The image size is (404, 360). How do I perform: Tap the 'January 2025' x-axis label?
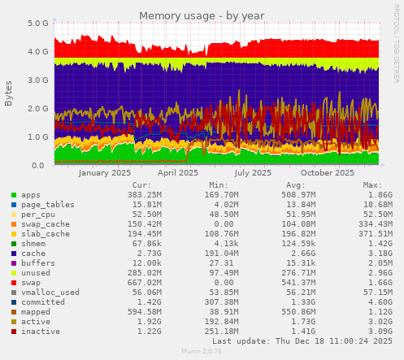105,172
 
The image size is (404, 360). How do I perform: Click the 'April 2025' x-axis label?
178,172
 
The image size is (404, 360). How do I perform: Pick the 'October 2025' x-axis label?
328,172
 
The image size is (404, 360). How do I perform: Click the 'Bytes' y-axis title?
9,93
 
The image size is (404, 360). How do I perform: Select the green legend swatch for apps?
14,195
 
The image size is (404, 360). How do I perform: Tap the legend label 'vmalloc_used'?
50,293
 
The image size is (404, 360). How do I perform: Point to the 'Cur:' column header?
141,185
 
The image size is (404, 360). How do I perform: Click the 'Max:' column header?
372,185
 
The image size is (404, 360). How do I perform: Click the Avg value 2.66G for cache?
291,254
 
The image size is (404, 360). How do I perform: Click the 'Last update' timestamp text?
295,341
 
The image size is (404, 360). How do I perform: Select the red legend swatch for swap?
14,283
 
